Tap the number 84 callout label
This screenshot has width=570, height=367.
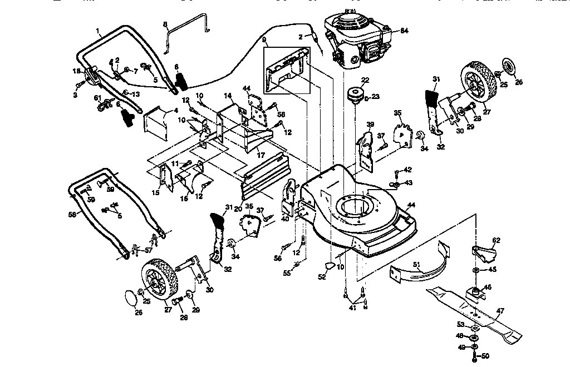[404, 31]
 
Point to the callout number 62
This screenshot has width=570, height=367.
[497, 241]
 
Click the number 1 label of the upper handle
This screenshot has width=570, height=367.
[97, 31]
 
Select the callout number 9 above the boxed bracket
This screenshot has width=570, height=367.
[264, 41]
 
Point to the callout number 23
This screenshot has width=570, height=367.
[376, 96]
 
